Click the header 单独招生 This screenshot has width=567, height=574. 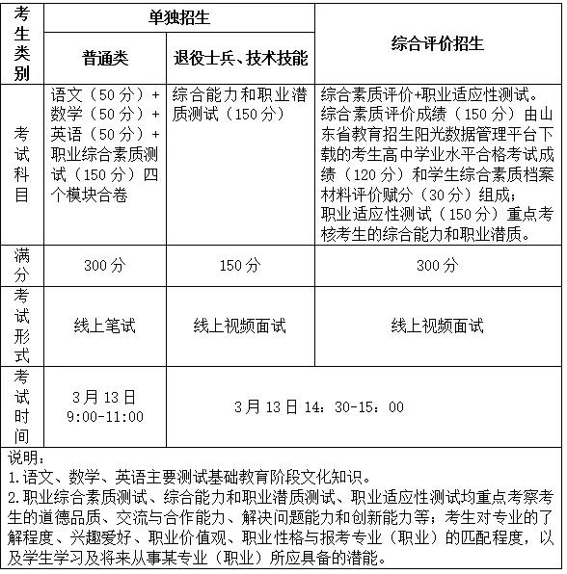179,17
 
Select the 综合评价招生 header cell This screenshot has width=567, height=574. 438,44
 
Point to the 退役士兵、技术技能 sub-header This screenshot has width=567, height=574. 240,59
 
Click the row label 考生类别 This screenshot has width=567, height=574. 23,43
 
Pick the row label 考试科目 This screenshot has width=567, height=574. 23,165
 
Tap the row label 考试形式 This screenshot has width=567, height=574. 23,325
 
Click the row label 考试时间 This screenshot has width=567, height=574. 23,405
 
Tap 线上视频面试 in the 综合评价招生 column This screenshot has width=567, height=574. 438,326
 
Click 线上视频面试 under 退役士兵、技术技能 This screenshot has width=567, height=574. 240,326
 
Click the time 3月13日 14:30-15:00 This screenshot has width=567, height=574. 319,406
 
